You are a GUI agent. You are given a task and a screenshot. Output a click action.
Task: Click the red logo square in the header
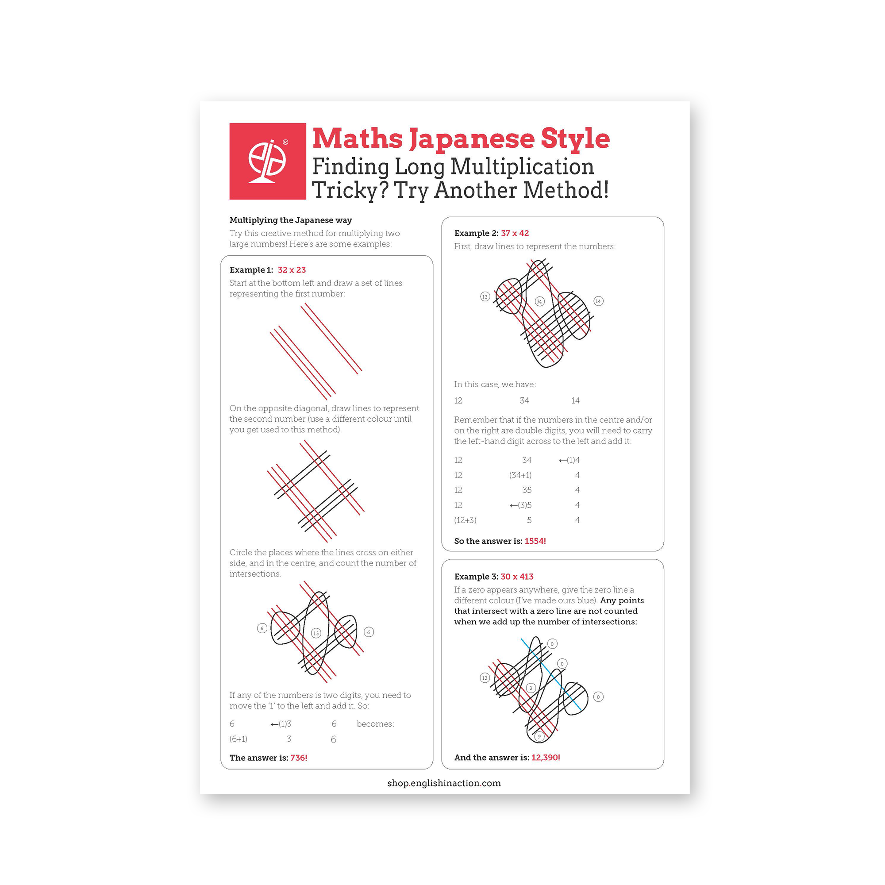tap(268, 161)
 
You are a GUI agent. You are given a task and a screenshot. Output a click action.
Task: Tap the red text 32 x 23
tap(291, 270)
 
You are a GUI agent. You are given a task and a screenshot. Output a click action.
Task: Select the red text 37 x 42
tap(515, 233)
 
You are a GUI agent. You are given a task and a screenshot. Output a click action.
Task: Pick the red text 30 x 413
tap(517, 576)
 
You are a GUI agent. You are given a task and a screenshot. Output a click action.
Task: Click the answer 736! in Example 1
tap(299, 758)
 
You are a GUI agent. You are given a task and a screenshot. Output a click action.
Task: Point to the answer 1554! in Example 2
tap(535, 541)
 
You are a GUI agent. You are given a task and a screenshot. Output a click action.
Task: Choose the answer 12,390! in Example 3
tap(546, 757)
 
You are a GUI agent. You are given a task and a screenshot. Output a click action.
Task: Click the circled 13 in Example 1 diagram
tap(316, 633)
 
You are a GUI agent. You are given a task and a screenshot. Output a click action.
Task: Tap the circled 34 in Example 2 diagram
tap(539, 301)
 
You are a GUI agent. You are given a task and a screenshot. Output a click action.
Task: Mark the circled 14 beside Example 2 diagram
tap(598, 301)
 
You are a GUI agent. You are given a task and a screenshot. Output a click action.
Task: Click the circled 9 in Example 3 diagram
tap(539, 737)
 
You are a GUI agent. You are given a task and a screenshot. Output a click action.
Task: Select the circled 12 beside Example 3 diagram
tap(485, 678)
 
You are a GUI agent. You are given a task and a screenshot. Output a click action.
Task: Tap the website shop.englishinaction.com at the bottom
tap(444, 783)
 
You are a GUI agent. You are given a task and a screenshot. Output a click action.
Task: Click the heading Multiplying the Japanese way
tap(290, 220)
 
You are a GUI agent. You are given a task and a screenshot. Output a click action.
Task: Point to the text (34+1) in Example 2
tap(520, 475)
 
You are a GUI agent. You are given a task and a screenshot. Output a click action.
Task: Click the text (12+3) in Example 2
tap(465, 520)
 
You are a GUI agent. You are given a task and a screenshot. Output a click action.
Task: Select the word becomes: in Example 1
tap(375, 724)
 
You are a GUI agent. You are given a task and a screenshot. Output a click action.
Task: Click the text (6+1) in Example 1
tap(238, 739)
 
